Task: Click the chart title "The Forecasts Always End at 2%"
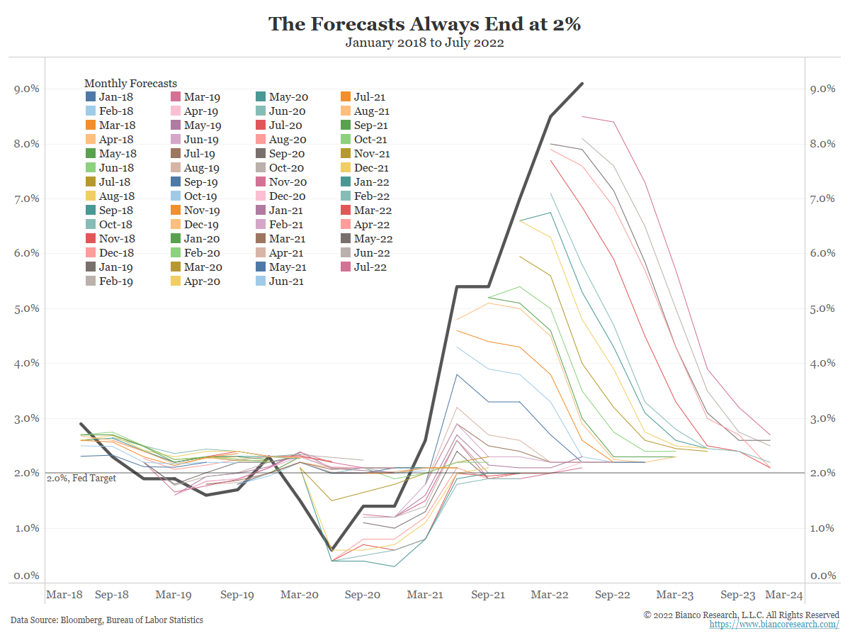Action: (424, 24)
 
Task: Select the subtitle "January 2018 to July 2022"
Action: (424, 43)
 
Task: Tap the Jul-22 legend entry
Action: (364, 267)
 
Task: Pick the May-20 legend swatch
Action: (261, 97)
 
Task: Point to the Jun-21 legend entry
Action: (279, 281)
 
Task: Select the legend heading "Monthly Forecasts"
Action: (130, 84)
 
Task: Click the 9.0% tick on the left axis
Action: (27, 89)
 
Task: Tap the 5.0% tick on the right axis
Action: (824, 308)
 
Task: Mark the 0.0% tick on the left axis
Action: (27, 576)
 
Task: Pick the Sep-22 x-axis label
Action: (612, 595)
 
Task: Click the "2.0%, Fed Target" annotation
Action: (81, 478)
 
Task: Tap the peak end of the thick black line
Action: (582, 84)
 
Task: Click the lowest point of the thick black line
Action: (332, 549)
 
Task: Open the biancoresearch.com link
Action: (774, 625)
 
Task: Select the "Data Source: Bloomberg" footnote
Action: (106, 620)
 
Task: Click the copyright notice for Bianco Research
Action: (741, 615)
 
